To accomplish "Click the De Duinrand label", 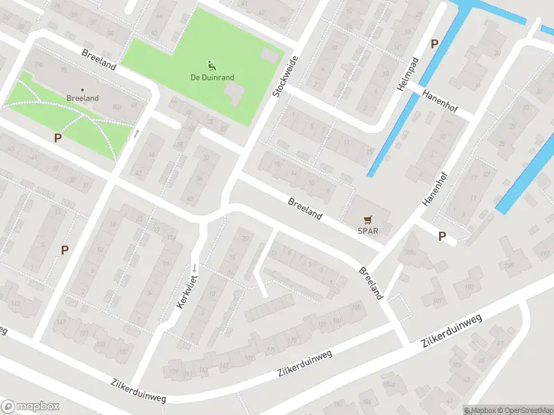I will point(212,77).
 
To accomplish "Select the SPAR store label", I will point(367,231).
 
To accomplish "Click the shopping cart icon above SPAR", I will point(367,220).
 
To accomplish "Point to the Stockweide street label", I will point(285,76).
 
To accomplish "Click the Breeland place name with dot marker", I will point(82,98).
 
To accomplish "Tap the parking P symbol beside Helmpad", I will point(434,44).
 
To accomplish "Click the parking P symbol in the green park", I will point(57,138).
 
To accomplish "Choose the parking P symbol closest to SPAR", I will point(442,236).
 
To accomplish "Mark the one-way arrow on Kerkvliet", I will point(196,268).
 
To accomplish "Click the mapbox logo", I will point(30,407).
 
